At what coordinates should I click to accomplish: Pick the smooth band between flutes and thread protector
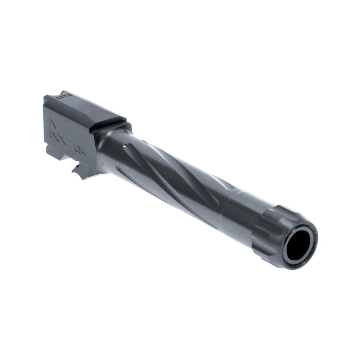(x=238, y=212)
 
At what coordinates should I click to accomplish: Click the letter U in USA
(x=76, y=147)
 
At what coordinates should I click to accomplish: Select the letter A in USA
(x=84, y=153)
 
